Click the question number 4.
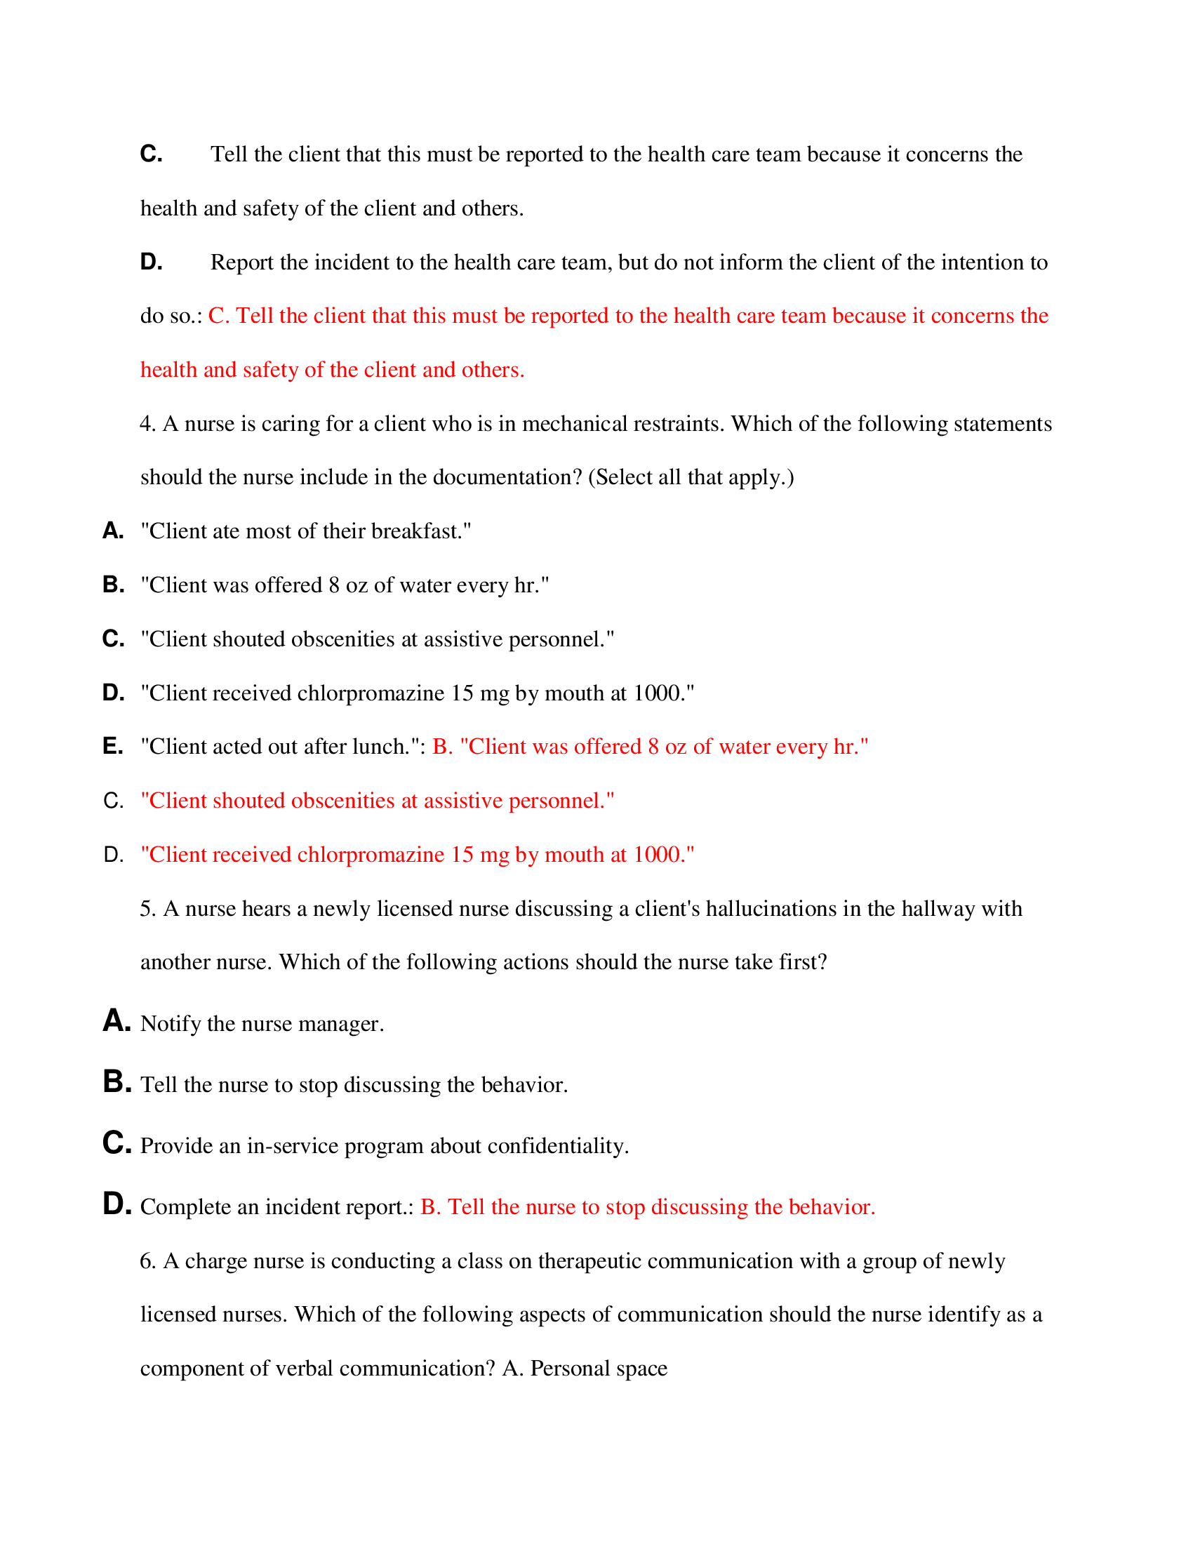[x=146, y=423]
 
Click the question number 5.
[x=146, y=908]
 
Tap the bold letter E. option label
[x=113, y=746]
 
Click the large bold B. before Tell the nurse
[x=116, y=1082]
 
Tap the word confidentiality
[x=557, y=1145]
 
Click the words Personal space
[x=599, y=1368]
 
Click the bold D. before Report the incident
[x=152, y=262]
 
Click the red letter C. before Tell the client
[x=218, y=315]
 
